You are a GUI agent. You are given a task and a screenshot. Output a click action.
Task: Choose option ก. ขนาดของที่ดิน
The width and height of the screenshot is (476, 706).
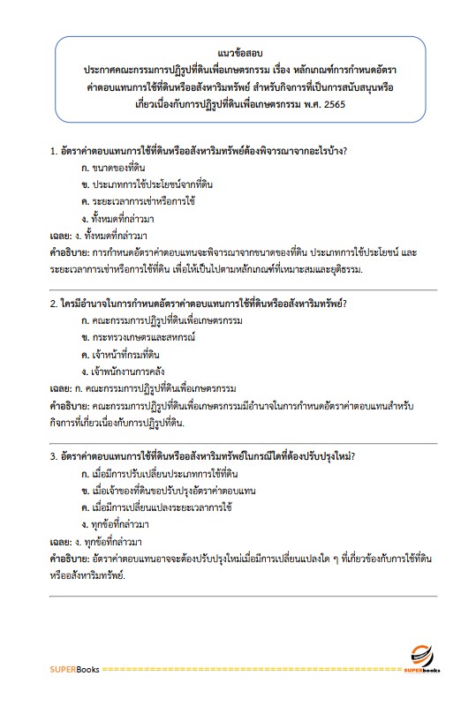pyautogui.click(x=113, y=167)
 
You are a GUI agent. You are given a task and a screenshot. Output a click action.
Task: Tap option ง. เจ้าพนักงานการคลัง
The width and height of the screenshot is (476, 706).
pyautogui.click(x=123, y=371)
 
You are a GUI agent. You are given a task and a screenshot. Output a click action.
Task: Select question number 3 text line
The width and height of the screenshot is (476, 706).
pyautogui.click(x=208, y=456)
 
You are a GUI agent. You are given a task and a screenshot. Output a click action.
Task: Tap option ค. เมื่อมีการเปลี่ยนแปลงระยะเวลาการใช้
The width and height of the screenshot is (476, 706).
pyautogui.click(x=155, y=507)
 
